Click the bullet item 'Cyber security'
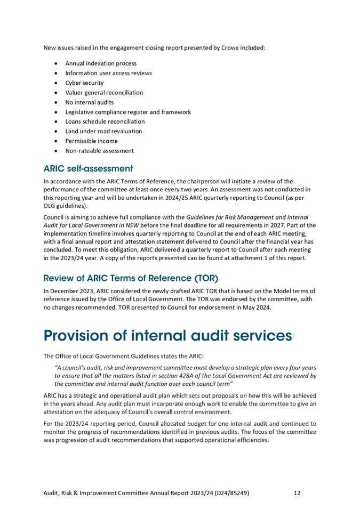click(84, 83)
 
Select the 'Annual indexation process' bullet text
click(101, 63)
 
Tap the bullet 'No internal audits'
click(89, 102)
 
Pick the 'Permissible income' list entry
click(91, 141)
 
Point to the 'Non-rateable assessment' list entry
click(99, 151)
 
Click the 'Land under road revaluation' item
click(103, 132)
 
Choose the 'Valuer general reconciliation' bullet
click(104, 93)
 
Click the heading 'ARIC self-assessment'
click(88, 169)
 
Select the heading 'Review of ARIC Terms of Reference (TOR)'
click(131, 278)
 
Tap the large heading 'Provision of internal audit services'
click(167, 336)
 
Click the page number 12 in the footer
click(297, 493)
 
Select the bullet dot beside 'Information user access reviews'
click(57, 74)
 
